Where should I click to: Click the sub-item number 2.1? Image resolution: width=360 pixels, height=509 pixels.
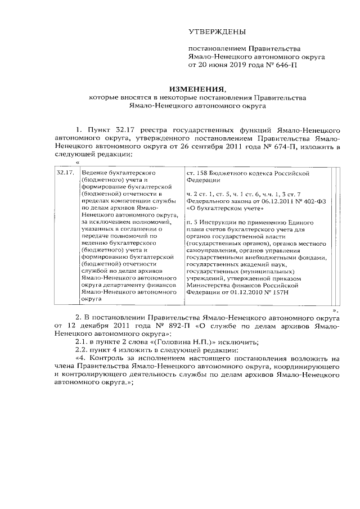point(74,342)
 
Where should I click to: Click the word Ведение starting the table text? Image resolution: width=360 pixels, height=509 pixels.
point(96,173)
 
